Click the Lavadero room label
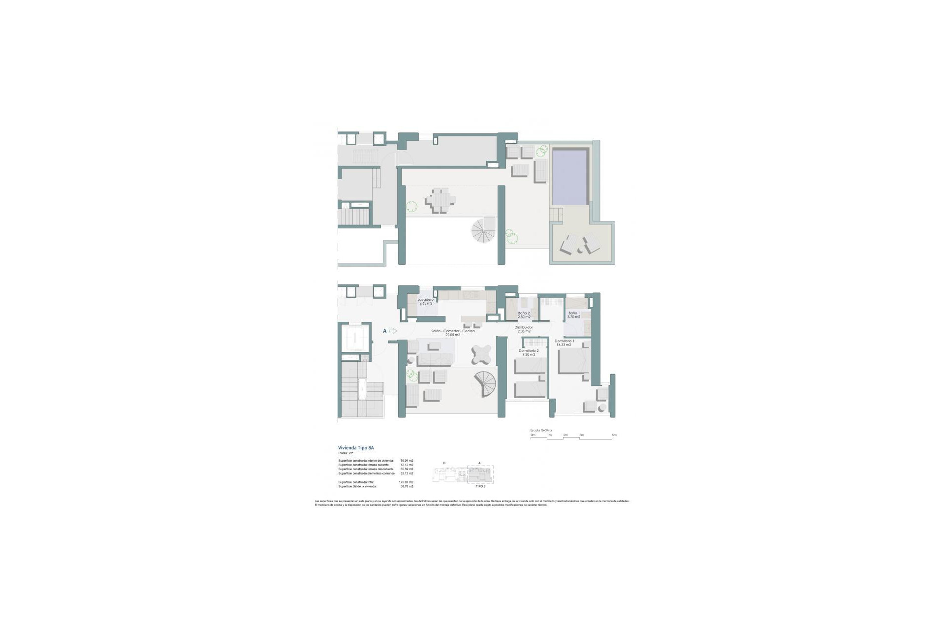point(426,301)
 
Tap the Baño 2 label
point(524,315)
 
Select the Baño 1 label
point(573,315)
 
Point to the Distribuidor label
point(524,329)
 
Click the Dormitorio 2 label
point(529,352)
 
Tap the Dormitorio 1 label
point(564,343)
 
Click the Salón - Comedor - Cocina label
point(452,333)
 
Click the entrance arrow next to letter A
point(393,331)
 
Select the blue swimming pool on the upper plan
point(570,177)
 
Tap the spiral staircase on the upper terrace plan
point(484,230)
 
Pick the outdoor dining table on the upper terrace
point(441,201)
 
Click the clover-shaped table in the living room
point(480,353)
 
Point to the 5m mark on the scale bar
point(614,435)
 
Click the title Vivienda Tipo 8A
point(356,448)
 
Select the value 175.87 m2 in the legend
point(406,482)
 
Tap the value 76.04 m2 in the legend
point(407,461)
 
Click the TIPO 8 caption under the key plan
point(480,486)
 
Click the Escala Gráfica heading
point(541,430)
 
